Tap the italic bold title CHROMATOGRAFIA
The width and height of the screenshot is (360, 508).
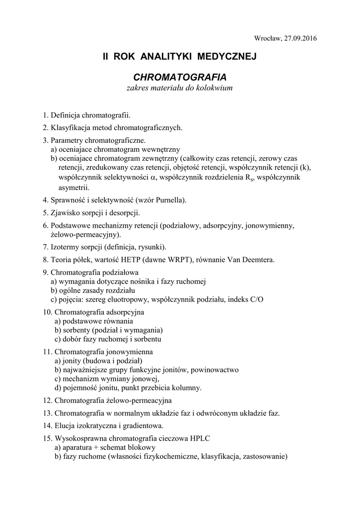[x=180, y=77]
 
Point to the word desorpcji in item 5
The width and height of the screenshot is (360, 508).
[x=123, y=213]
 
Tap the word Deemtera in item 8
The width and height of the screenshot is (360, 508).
[x=256, y=259]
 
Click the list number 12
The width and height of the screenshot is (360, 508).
[x=47, y=400]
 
